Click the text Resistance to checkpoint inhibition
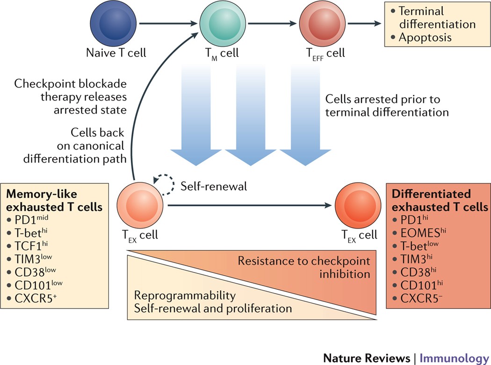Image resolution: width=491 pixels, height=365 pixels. tap(303, 266)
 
